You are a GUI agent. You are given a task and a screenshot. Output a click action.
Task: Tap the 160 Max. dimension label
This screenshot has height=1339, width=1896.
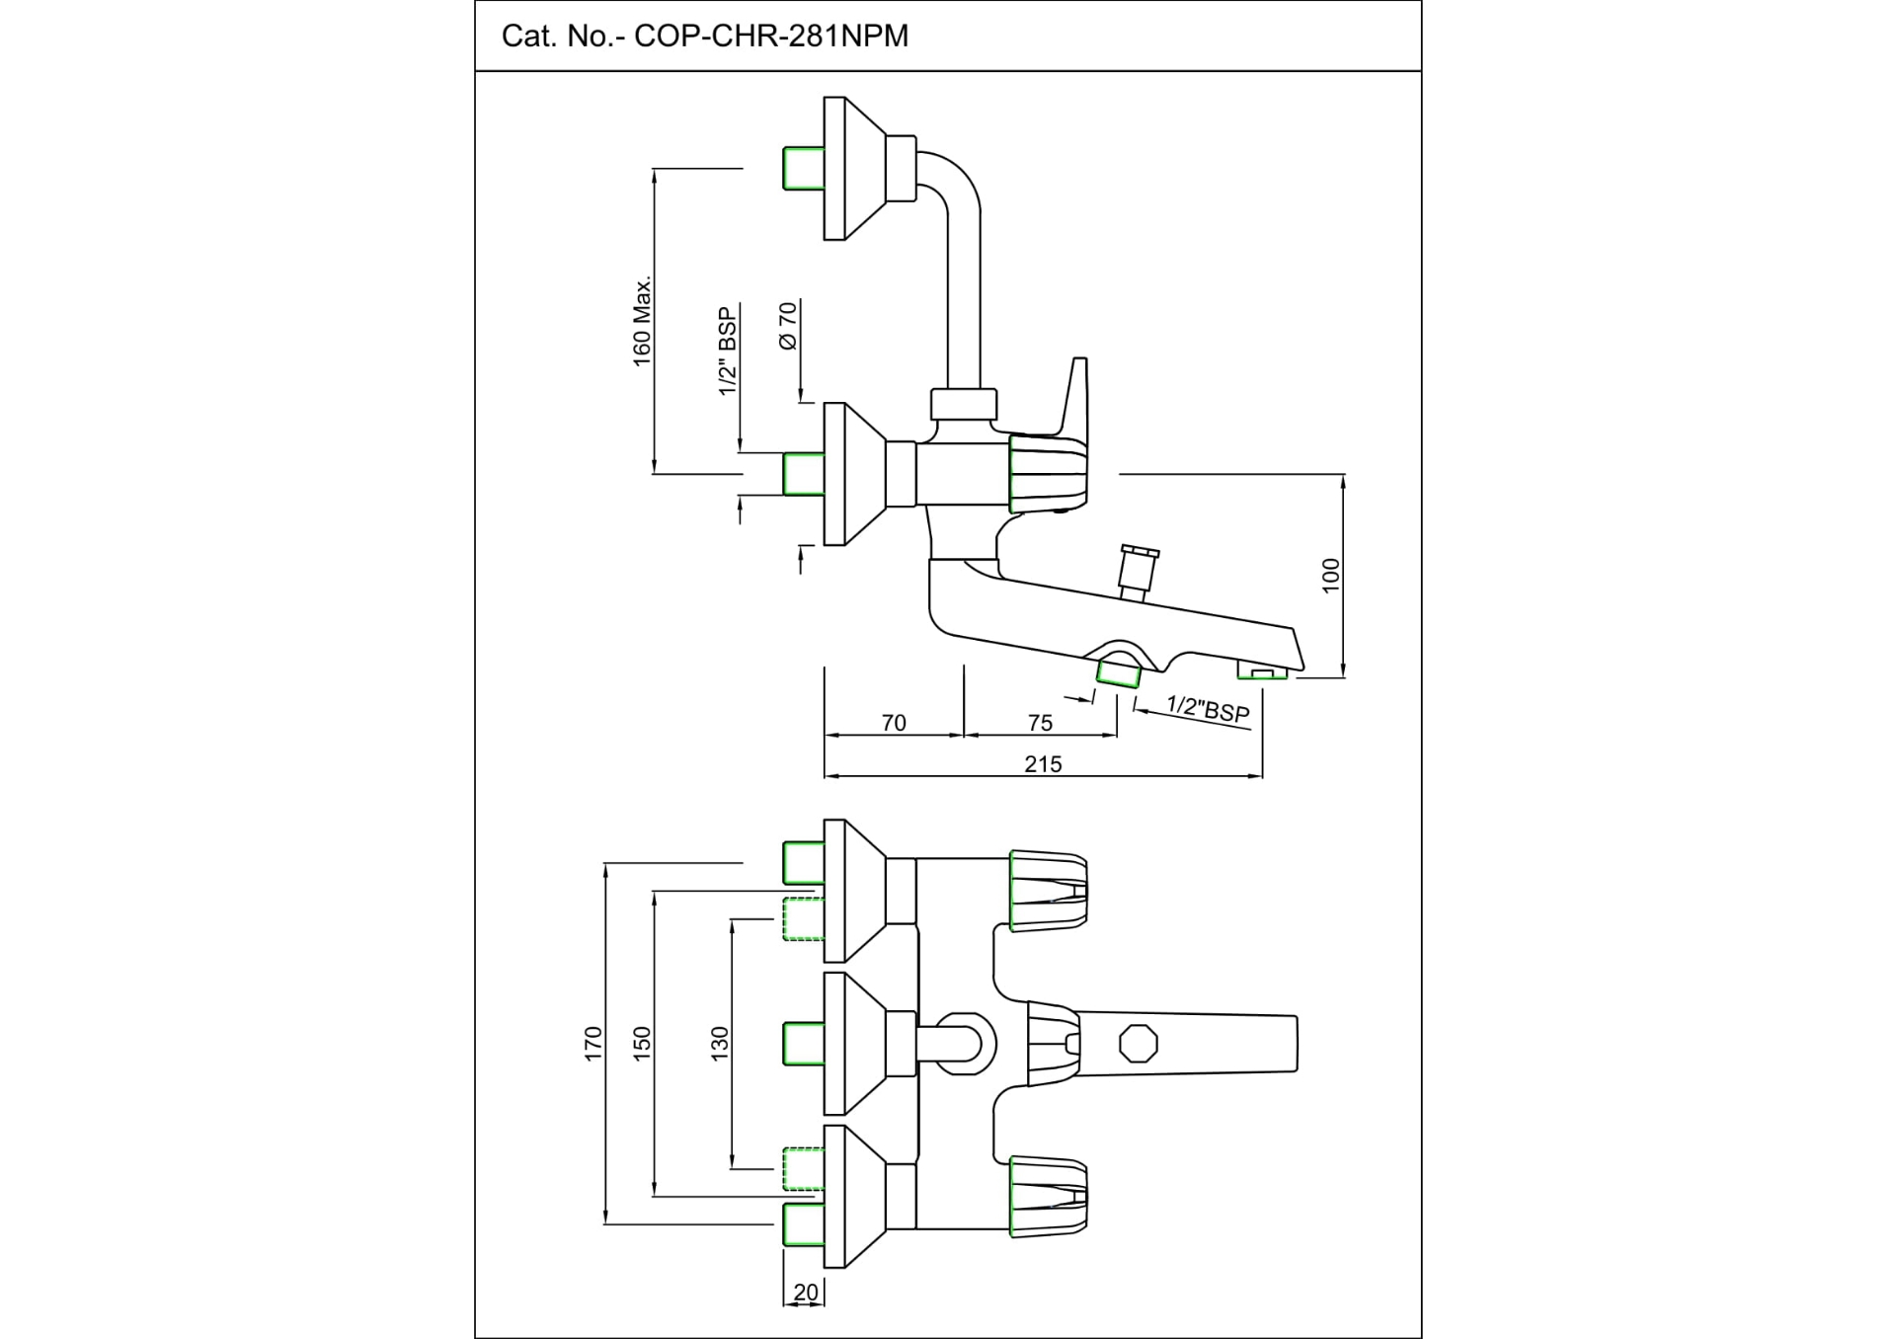[642, 322]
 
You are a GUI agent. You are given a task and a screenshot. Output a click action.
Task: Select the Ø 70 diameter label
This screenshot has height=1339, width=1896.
[787, 326]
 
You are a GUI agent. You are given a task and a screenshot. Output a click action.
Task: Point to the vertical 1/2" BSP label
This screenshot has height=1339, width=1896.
[728, 352]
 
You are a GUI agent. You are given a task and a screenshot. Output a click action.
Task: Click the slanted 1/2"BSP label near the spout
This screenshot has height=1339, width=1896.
[1208, 708]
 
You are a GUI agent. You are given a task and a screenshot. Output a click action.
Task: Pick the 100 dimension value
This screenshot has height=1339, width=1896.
[1331, 576]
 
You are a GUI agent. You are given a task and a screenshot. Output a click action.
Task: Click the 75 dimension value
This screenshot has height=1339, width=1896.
[1040, 723]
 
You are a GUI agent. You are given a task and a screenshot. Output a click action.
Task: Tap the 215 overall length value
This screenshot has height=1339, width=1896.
[1043, 764]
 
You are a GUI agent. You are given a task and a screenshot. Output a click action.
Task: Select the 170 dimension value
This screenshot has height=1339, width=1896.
[592, 1044]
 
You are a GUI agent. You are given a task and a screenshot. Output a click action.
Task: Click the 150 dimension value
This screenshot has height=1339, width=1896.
[642, 1044]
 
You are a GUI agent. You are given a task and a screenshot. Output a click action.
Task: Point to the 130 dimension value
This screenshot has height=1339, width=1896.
[719, 1044]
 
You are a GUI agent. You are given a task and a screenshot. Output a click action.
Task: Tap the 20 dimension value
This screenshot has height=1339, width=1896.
[806, 1293]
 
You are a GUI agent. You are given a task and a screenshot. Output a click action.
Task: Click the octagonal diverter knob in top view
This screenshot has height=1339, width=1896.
[1139, 1044]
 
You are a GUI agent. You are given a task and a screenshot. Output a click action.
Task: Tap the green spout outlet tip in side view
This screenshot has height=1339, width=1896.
[1263, 674]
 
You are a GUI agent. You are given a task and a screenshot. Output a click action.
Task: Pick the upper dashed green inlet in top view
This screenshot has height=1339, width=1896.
[803, 918]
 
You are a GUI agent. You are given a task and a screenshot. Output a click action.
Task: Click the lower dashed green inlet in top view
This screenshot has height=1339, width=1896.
[803, 1169]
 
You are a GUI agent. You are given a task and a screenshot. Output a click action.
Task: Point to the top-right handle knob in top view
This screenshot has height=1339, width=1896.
[1049, 890]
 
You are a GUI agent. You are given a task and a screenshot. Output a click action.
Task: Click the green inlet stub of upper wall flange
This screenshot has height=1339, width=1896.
[803, 168]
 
